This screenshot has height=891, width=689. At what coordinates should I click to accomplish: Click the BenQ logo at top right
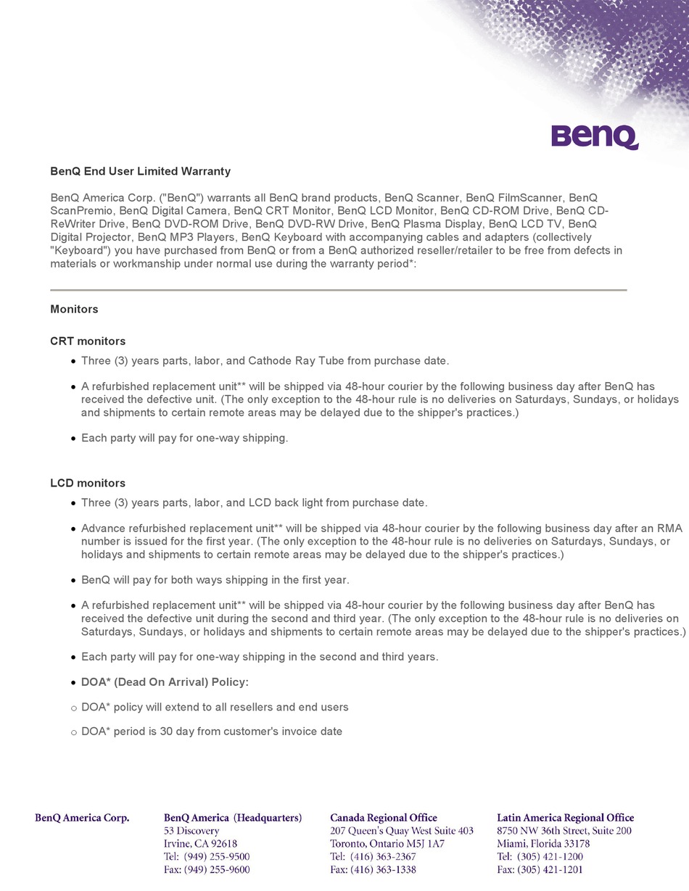click(x=594, y=136)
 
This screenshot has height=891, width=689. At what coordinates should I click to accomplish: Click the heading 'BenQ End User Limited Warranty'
click(x=140, y=172)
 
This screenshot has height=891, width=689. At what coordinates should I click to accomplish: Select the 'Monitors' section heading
click(x=74, y=310)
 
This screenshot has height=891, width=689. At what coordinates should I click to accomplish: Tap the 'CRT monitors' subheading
click(x=88, y=341)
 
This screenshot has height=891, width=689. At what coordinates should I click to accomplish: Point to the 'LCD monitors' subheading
click(x=88, y=484)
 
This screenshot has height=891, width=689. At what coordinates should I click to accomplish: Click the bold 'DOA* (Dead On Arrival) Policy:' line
click(x=165, y=683)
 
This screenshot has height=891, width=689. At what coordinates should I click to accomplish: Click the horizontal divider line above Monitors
click(x=338, y=290)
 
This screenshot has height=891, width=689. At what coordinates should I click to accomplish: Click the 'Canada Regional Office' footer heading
click(x=384, y=818)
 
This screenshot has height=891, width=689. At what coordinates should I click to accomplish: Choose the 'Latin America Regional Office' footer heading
click(x=565, y=818)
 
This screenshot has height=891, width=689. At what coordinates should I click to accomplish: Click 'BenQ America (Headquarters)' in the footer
click(x=233, y=818)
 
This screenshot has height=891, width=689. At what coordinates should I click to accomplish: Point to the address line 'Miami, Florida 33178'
click(x=543, y=844)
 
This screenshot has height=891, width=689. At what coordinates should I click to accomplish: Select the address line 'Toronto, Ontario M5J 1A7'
click(x=387, y=844)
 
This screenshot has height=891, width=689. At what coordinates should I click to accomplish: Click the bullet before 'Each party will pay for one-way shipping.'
click(x=74, y=439)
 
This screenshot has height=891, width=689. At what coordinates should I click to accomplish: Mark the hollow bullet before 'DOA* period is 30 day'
click(x=74, y=733)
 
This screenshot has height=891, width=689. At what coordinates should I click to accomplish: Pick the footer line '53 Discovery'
click(x=191, y=831)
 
